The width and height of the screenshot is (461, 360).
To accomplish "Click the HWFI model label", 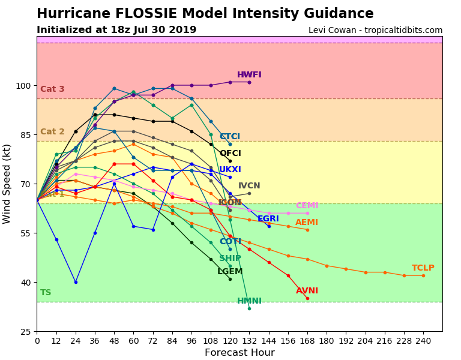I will [x=249, y=75].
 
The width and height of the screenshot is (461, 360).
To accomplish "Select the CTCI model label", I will [x=230, y=137].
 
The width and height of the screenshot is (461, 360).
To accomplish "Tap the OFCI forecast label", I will [x=230, y=154].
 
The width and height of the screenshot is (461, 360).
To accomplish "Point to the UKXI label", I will [x=230, y=170].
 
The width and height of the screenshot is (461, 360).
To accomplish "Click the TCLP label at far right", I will [x=423, y=268].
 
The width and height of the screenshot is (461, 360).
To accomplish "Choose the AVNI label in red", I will [x=307, y=291].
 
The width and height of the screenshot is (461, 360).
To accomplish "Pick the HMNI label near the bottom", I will [x=249, y=301].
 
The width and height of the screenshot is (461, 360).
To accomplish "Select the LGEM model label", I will [x=230, y=272].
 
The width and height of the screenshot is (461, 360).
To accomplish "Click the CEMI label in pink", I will [x=307, y=206].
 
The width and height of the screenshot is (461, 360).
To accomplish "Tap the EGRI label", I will [x=268, y=219].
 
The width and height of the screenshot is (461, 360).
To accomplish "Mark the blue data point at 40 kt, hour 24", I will [x=76, y=282].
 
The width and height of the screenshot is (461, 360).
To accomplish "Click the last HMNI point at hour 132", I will [x=249, y=308].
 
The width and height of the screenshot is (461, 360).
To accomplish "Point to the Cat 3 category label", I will [x=52, y=89].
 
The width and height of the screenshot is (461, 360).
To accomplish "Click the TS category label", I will [x=46, y=293].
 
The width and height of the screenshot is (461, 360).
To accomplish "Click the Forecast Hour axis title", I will [x=240, y=353].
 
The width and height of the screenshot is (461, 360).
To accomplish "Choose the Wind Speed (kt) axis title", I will [x=7, y=184].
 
